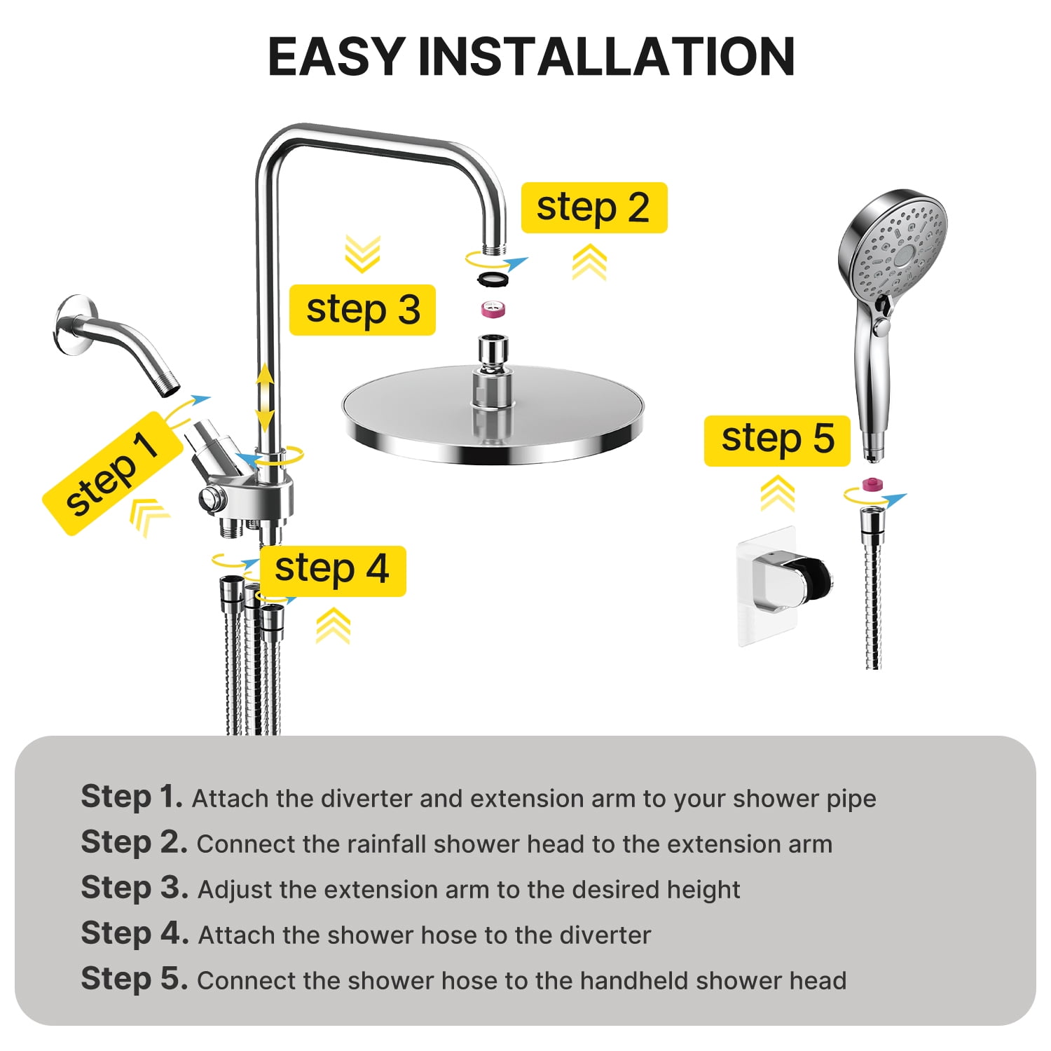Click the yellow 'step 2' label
click(x=593, y=207)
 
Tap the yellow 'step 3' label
click(x=362, y=310)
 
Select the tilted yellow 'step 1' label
click(x=110, y=474)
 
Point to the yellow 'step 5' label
click(x=777, y=440)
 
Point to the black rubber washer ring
click(x=493, y=279)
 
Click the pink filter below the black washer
click(x=493, y=308)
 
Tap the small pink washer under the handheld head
click(x=871, y=483)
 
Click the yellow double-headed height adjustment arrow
click(x=265, y=397)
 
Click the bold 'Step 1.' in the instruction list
click(x=132, y=797)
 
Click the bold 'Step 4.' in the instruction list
click(x=135, y=934)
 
